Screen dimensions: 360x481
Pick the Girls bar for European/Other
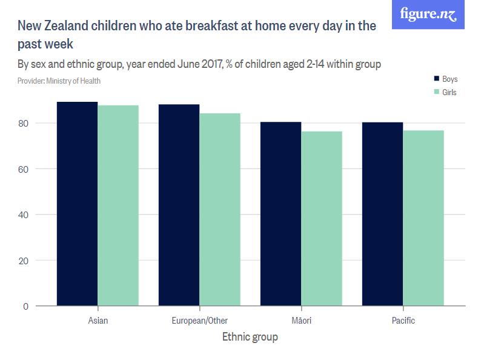tap(220, 210)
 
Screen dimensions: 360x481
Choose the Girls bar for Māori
tap(322, 219)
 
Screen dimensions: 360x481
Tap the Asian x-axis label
tap(98, 320)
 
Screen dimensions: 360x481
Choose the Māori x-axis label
tap(301, 320)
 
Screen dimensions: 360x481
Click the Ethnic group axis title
tap(250, 337)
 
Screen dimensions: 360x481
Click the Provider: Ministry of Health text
tap(59, 81)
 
